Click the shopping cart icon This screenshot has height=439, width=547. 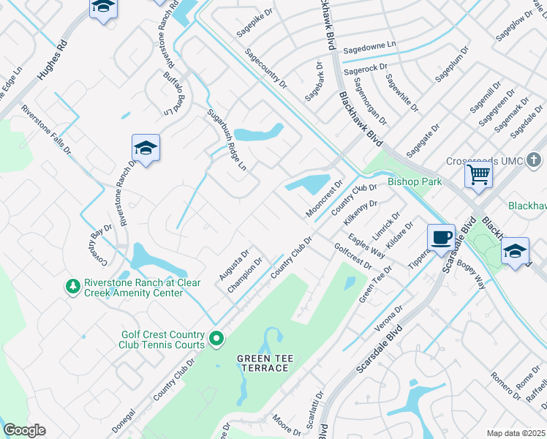point(478,174)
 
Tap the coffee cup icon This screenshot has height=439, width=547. point(441,237)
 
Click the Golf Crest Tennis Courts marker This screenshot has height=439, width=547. point(216,338)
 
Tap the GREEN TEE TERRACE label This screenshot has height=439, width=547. point(263,362)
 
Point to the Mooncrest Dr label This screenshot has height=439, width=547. point(324,199)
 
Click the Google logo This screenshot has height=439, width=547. point(25,430)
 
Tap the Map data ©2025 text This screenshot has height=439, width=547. point(516,433)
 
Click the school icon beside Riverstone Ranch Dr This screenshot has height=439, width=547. point(146,149)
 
